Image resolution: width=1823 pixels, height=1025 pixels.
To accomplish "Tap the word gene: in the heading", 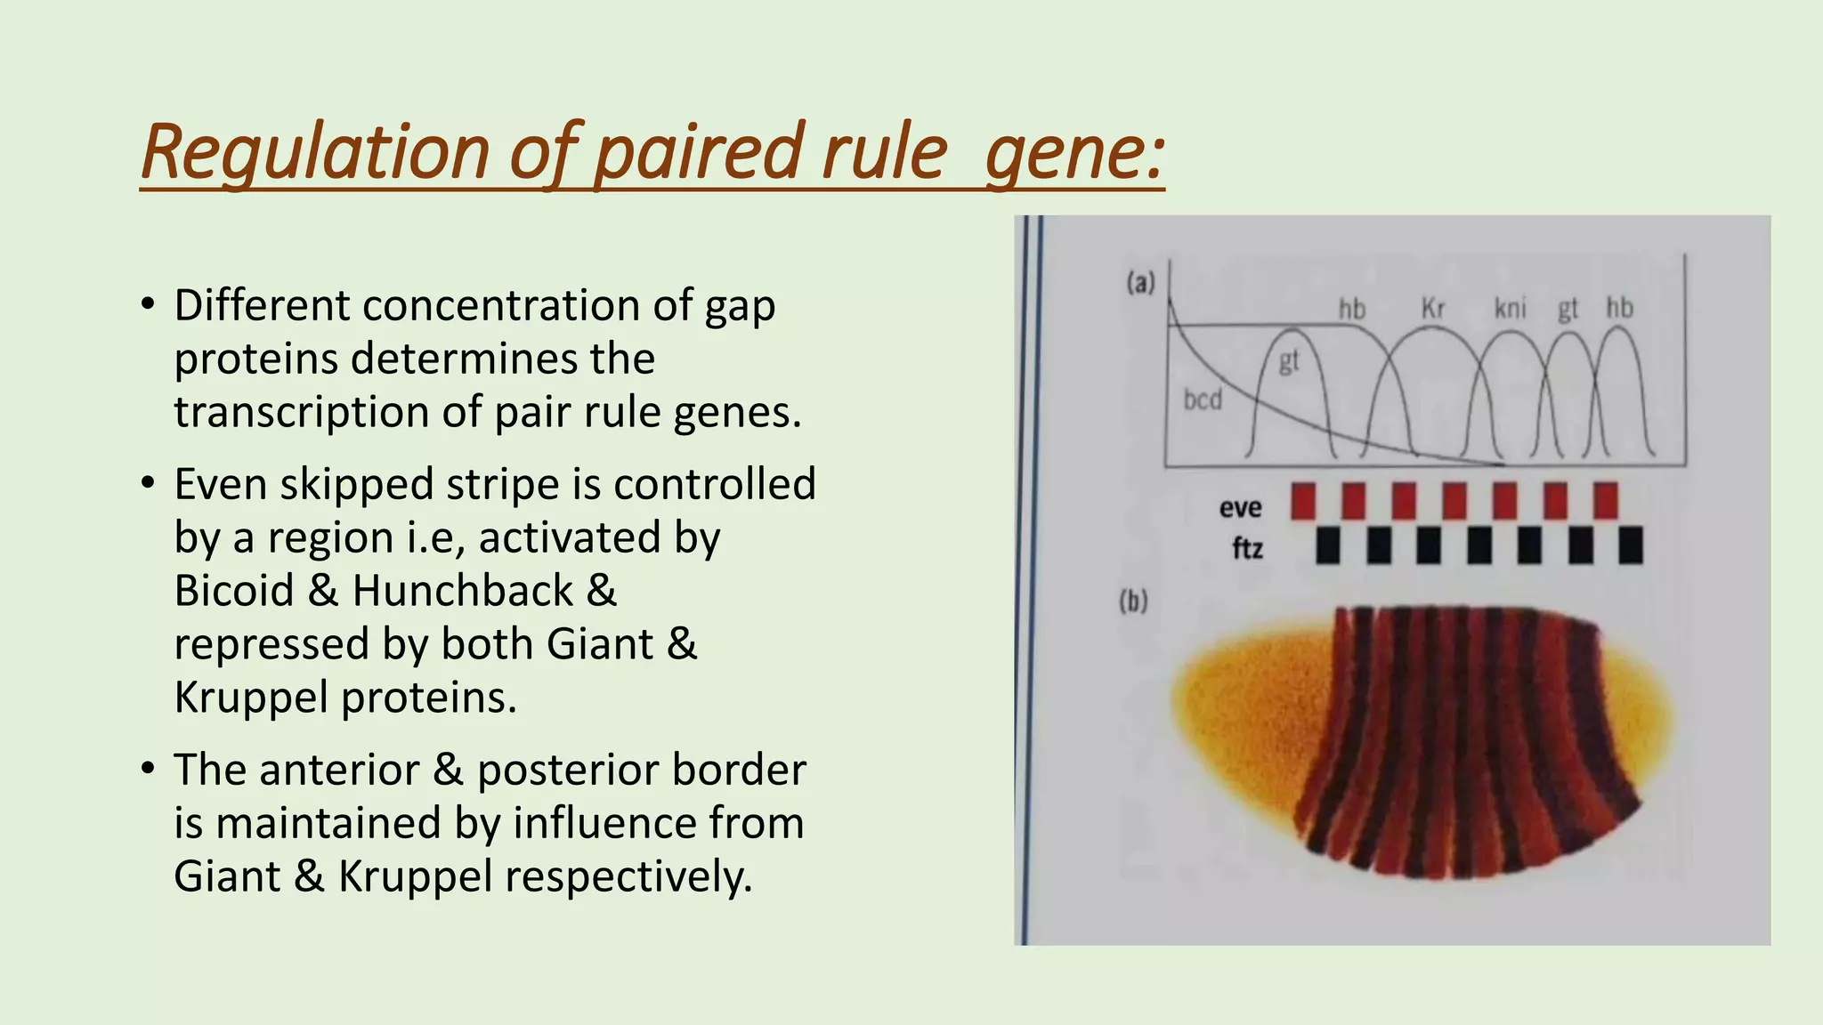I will [x=1074, y=153].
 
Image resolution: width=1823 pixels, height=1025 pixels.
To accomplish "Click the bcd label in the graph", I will [x=1203, y=400].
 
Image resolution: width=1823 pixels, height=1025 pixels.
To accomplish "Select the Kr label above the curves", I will [x=1433, y=309].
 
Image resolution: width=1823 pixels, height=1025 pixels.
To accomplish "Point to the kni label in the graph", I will [x=1510, y=309].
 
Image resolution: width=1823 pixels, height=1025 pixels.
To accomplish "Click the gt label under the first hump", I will [x=1289, y=361].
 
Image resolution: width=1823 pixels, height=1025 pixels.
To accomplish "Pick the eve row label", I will [x=1240, y=507].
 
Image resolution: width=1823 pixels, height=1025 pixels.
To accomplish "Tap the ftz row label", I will [x=1247, y=547].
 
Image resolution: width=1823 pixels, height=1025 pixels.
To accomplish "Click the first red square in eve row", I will [x=1303, y=501].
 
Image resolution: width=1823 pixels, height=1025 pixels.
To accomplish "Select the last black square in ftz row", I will [x=1631, y=545].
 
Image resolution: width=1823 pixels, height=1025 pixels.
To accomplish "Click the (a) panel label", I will [x=1140, y=283].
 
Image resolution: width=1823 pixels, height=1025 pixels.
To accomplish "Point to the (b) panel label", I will [x=1133, y=601].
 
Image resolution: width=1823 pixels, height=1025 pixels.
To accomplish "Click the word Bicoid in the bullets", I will [x=233, y=591].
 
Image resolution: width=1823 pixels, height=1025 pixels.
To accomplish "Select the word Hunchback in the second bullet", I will [x=463, y=591].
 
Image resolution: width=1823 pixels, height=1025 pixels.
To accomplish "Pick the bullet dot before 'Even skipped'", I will [x=148, y=484].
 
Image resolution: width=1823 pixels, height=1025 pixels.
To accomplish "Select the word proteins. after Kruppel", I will [x=429, y=698].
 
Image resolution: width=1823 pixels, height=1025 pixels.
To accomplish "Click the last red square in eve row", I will [x=1606, y=501].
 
